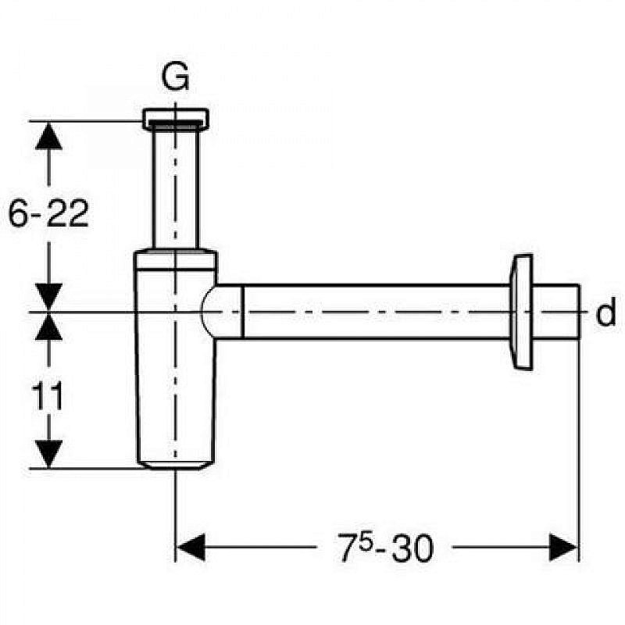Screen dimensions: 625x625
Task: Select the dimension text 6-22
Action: pos(48,213)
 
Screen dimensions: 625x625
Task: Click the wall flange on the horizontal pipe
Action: pos(522,312)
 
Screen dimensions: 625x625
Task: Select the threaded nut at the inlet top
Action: pos(175,120)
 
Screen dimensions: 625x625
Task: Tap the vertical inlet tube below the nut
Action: pos(175,188)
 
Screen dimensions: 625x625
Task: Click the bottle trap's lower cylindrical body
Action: pos(175,366)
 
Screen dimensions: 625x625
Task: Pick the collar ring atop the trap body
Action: pos(175,259)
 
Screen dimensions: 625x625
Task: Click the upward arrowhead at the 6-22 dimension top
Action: pos(48,136)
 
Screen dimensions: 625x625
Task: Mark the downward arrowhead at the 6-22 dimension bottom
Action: pos(48,297)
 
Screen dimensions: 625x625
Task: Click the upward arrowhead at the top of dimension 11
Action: pos(48,327)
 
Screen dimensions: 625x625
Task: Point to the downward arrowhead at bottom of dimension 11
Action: pos(48,454)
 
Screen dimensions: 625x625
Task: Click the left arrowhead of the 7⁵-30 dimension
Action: pos(191,548)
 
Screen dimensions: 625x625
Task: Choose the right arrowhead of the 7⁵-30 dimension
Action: pos(563,548)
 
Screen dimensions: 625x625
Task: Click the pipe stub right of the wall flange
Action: pos(556,312)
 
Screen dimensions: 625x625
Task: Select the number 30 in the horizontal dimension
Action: pos(412,548)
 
